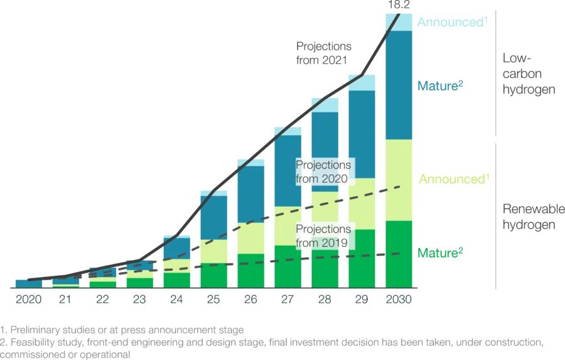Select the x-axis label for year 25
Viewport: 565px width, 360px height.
213,300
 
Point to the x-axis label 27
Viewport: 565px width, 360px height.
287,300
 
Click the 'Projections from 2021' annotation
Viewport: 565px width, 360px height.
324,53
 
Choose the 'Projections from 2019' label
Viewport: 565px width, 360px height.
323,236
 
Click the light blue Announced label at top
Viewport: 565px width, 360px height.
451,23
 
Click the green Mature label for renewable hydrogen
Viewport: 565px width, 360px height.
441,253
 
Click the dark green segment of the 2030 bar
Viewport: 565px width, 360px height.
397,254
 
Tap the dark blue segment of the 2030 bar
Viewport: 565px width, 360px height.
397,85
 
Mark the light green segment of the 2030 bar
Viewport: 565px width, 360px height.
397,180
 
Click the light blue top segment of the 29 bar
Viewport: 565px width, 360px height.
361,82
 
